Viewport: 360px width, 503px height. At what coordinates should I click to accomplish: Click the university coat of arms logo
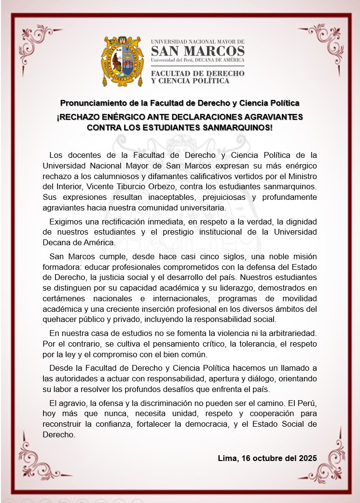124,61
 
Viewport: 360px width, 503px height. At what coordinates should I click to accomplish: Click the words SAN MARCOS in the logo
197,51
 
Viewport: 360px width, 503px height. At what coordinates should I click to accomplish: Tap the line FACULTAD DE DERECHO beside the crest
197,73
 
